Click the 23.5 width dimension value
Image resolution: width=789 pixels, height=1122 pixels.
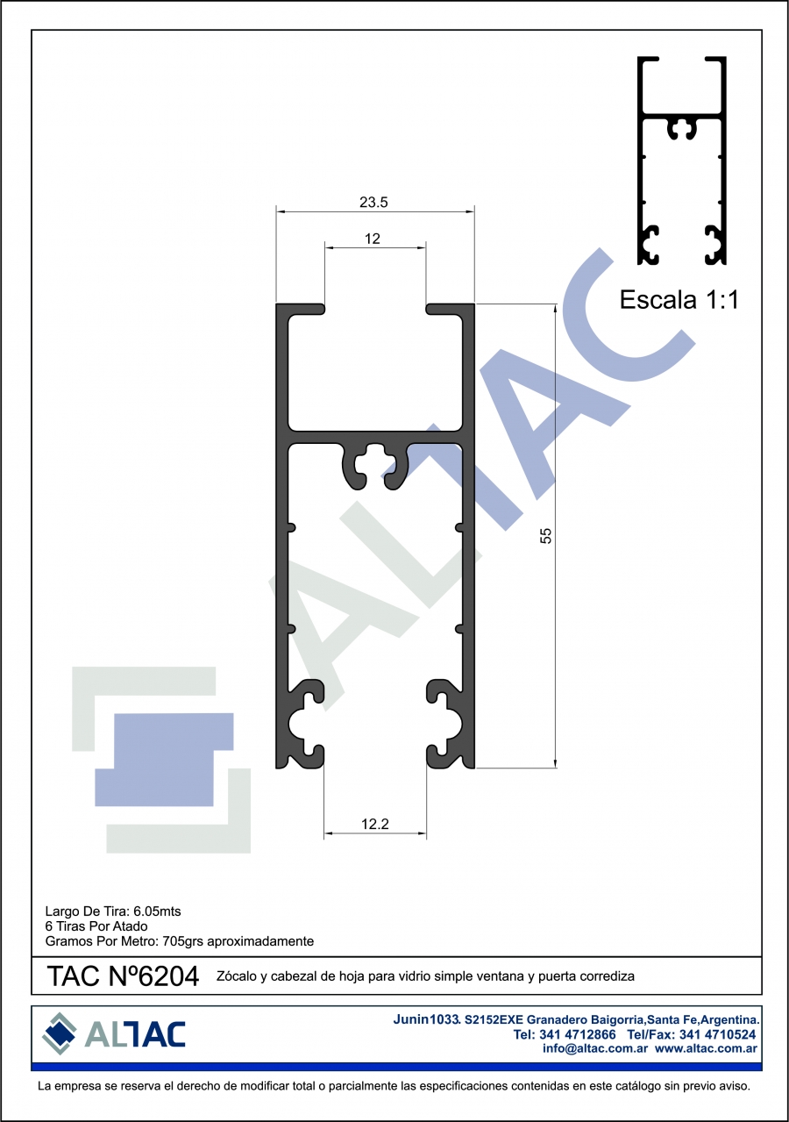click(x=373, y=202)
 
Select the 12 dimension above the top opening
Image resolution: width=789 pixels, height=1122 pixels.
click(x=373, y=239)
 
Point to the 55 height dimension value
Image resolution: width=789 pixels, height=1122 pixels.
click(x=545, y=536)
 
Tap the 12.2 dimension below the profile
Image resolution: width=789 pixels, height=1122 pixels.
click(x=375, y=824)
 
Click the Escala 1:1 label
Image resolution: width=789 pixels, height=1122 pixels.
click(x=679, y=299)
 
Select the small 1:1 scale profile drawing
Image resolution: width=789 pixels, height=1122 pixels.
click(x=682, y=161)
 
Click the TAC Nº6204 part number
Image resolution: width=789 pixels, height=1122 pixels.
click(x=123, y=976)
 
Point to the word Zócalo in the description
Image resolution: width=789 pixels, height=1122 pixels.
click(x=237, y=976)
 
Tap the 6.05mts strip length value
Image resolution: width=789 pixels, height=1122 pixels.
click(x=157, y=911)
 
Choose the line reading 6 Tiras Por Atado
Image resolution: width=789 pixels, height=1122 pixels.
click(x=96, y=926)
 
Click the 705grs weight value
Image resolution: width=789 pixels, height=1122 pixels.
click(x=182, y=941)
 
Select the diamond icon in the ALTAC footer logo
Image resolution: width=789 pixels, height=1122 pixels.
click(x=59, y=1033)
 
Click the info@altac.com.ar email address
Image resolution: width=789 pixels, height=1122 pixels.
click(x=594, y=1048)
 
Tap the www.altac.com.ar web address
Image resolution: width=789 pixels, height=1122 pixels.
click(x=706, y=1048)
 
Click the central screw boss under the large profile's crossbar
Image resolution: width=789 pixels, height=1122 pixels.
click(x=375, y=466)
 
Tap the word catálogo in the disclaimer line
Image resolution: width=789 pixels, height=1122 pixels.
click(x=643, y=1086)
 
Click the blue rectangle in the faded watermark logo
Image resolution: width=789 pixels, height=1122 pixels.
click(x=164, y=760)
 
